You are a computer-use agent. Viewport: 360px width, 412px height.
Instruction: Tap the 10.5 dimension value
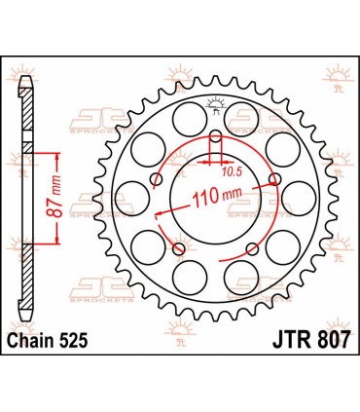(230, 171)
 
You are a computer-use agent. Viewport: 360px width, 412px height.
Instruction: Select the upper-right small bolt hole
(276, 178)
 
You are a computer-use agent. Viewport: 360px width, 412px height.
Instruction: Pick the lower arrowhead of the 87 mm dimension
(62, 248)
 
